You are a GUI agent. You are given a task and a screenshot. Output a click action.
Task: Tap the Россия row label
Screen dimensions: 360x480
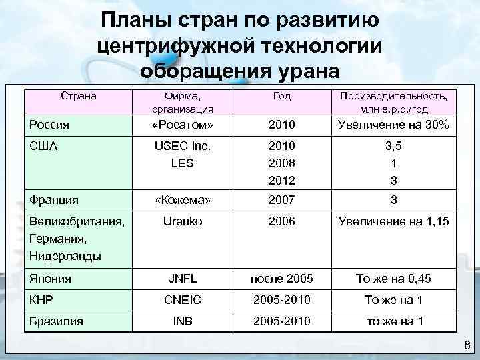click(51, 124)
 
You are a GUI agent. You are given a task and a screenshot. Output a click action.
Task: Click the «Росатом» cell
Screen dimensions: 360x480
click(183, 124)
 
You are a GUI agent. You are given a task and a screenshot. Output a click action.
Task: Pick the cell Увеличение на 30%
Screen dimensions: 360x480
click(393, 124)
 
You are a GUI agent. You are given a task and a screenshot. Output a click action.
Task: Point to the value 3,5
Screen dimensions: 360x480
click(393, 145)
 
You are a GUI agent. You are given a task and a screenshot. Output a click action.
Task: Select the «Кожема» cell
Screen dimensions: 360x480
click(183, 199)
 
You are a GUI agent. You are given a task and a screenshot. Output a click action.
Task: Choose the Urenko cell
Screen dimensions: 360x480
click(183, 221)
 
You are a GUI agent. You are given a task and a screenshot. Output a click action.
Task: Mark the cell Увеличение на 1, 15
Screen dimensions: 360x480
click(393, 221)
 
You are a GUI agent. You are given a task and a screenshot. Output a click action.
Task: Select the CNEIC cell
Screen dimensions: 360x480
click(183, 300)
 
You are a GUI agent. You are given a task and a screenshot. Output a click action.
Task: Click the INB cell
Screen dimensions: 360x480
click(183, 321)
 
